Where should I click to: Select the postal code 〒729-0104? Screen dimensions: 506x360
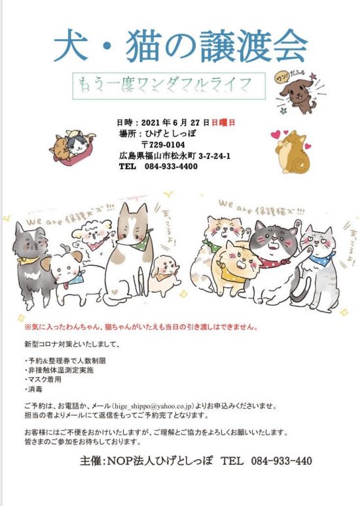pyautogui.click(x=162, y=145)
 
